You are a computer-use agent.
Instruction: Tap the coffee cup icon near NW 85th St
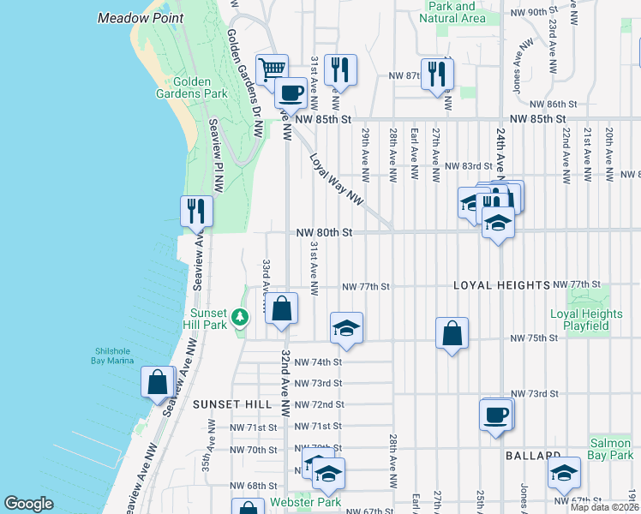pyautogui.click(x=291, y=93)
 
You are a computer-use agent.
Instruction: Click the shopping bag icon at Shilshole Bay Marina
pyautogui.click(x=158, y=381)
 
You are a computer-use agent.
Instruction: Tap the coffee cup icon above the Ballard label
pyautogui.click(x=496, y=416)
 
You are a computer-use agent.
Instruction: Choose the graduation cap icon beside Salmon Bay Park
pyautogui.click(x=564, y=472)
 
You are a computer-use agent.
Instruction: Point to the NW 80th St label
pyautogui.click(x=325, y=232)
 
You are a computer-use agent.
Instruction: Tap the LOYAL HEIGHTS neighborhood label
pyautogui.click(x=501, y=285)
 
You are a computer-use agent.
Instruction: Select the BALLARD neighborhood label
pyautogui.click(x=532, y=454)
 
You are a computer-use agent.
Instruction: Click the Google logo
pyautogui.click(x=28, y=504)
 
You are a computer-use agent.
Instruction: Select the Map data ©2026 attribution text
pyautogui.click(x=603, y=507)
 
